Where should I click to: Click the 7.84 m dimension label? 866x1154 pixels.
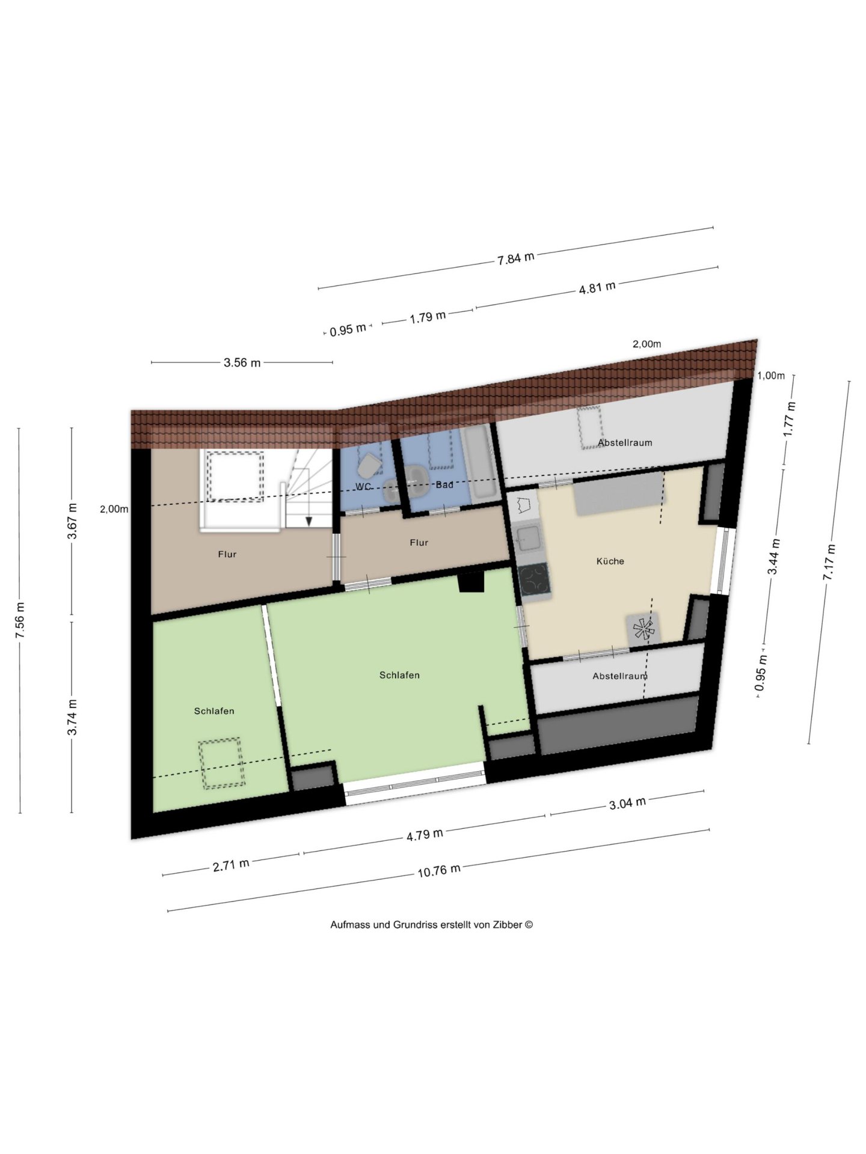[516, 258]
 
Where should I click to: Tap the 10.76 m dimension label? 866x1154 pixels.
[439, 870]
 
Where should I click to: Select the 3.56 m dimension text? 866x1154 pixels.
[242, 362]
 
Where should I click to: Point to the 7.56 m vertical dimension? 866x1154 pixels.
[20, 620]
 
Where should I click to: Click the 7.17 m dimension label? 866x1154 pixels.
[830, 562]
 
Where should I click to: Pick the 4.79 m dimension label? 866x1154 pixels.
[425, 835]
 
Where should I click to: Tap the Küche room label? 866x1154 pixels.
[610, 561]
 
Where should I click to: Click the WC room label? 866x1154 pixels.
[363, 486]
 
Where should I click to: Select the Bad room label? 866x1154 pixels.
[444, 484]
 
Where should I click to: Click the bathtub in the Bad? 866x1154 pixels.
[481, 462]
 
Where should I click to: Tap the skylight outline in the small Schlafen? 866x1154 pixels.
[222, 763]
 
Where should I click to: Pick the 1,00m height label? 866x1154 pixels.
[770, 376]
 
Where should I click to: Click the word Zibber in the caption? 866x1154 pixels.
[508, 924]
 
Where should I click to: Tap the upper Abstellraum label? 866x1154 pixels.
[625, 442]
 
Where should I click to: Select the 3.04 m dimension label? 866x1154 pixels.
[627, 803]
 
